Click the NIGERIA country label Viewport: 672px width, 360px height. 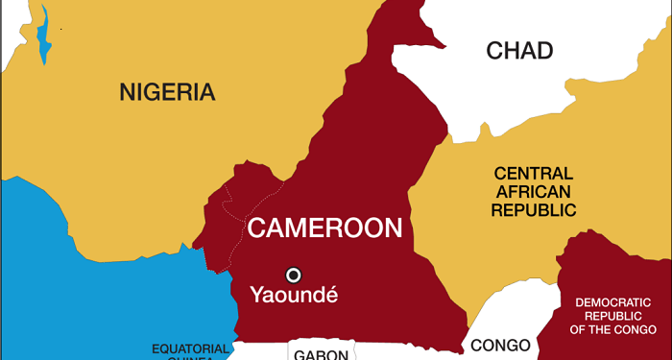click(x=167, y=92)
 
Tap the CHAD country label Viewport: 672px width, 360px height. click(x=519, y=50)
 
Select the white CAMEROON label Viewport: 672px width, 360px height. click(x=324, y=228)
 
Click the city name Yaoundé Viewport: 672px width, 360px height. click(x=294, y=295)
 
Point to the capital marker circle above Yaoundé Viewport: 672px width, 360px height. click(x=294, y=274)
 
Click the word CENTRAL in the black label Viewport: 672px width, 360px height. click(x=533, y=174)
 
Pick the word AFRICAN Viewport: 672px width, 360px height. click(x=533, y=191)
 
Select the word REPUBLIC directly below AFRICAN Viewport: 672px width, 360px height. click(x=533, y=209)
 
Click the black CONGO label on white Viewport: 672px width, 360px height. click(x=500, y=346)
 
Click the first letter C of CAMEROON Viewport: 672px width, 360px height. click(x=256, y=228)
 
